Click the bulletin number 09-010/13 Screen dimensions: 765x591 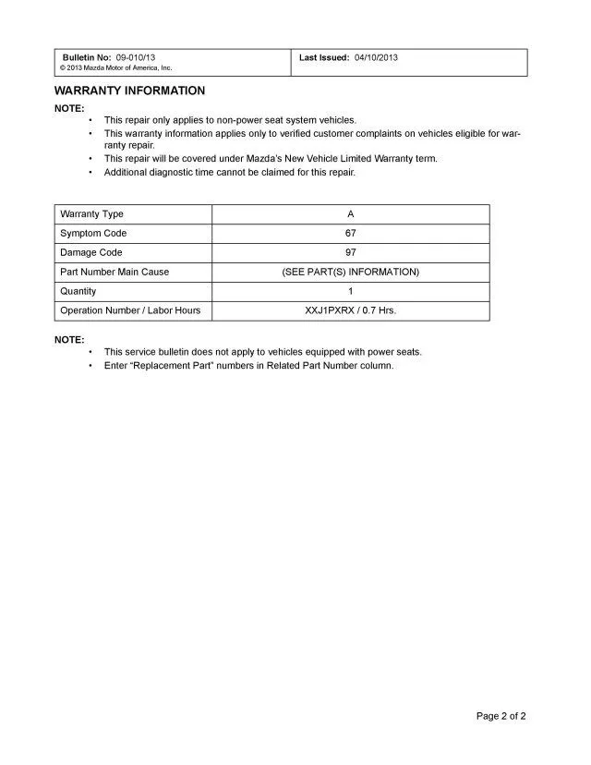coord(136,57)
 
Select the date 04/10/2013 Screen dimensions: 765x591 coord(376,57)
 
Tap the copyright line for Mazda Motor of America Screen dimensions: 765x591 coord(115,68)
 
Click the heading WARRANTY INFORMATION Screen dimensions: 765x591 coord(129,91)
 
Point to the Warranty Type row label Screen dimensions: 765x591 coord(91,214)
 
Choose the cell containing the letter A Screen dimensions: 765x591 coord(350,214)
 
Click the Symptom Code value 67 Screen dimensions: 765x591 coord(350,234)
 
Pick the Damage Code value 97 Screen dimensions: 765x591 coord(350,252)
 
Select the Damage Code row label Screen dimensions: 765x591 coord(90,252)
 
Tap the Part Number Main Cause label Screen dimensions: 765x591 coord(115,272)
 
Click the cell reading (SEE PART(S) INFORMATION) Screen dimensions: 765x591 coord(350,272)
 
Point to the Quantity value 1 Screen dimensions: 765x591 coord(350,291)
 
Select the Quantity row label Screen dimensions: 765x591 coord(78,291)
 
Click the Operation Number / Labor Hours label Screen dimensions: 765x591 coord(130,310)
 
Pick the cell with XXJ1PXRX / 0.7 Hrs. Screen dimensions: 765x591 coord(350,310)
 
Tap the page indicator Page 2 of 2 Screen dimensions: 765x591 coord(501,715)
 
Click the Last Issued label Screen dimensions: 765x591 coord(324,57)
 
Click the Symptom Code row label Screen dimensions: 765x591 coord(93,234)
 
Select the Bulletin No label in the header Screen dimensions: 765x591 coord(87,57)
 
